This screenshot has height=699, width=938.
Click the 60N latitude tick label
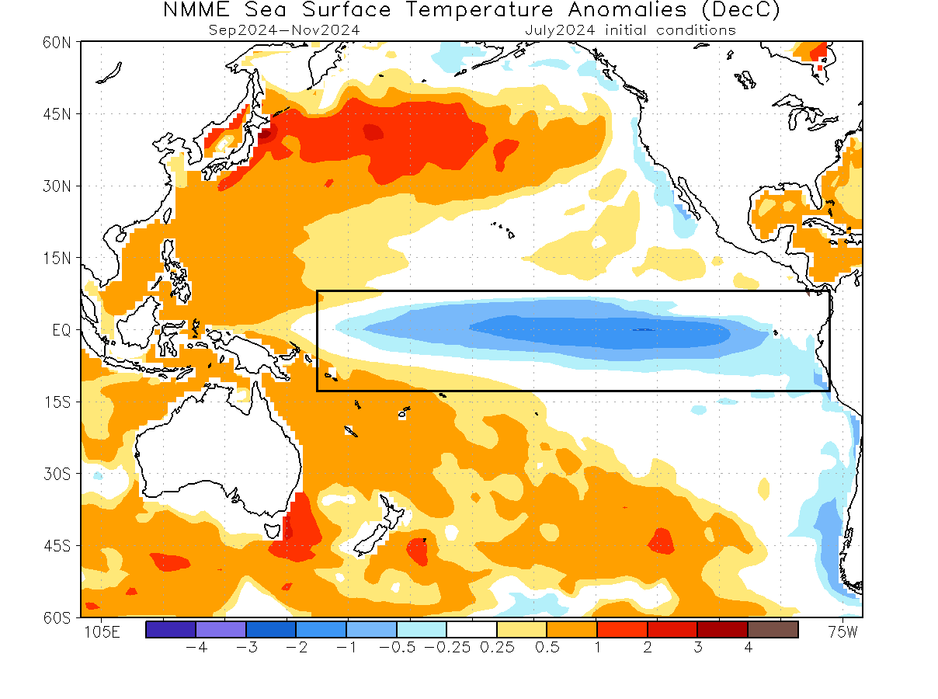pos(57,43)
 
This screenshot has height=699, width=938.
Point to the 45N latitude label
pos(57,114)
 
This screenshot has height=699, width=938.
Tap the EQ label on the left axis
pos(61,330)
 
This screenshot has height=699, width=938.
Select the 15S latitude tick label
pos(57,402)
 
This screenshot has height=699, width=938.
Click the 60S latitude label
pos(57,617)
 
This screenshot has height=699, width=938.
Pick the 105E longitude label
pos(102,632)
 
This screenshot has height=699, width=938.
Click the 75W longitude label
pos(842,632)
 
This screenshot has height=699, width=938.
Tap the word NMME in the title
pos(196,10)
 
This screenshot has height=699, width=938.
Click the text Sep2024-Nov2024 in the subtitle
pos(284,30)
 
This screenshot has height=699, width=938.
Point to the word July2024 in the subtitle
pos(560,30)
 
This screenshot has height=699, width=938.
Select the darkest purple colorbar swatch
pos(170,630)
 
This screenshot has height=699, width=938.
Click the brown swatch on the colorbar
pos(773,630)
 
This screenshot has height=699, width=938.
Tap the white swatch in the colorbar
pos(471,630)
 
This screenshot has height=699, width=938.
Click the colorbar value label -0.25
pos(447,648)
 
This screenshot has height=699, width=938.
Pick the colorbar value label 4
pos(748,648)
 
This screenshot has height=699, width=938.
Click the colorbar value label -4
pos(196,648)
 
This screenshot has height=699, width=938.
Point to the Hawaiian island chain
pos(503,229)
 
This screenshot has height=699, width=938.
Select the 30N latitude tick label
pos(57,186)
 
